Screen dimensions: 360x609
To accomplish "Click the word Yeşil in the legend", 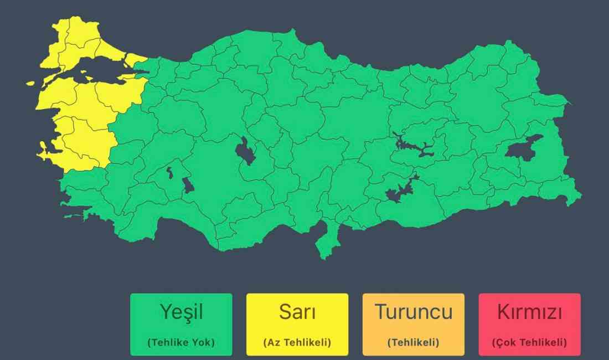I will pos(181,312).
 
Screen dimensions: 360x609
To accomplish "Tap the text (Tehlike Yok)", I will pos(181,342).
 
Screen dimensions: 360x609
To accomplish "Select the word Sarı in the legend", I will pos(297,312).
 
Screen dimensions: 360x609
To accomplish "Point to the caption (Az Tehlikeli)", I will pos(297,342).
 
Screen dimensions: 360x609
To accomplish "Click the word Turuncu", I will pos(414,312).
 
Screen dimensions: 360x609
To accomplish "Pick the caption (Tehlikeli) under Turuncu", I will pos(414,342).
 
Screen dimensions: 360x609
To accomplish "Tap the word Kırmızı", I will pos(530,312).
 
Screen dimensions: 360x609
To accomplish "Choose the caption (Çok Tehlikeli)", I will pos(530,342).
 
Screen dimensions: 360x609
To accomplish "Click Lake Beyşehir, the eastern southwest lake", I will pos(188,185).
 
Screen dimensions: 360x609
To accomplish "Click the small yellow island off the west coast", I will pos(30,84).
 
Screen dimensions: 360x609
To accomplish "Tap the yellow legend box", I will pos(297,325).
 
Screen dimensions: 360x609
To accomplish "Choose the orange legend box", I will pos(414,325).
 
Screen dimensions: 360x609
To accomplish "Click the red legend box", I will pos(530,325).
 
